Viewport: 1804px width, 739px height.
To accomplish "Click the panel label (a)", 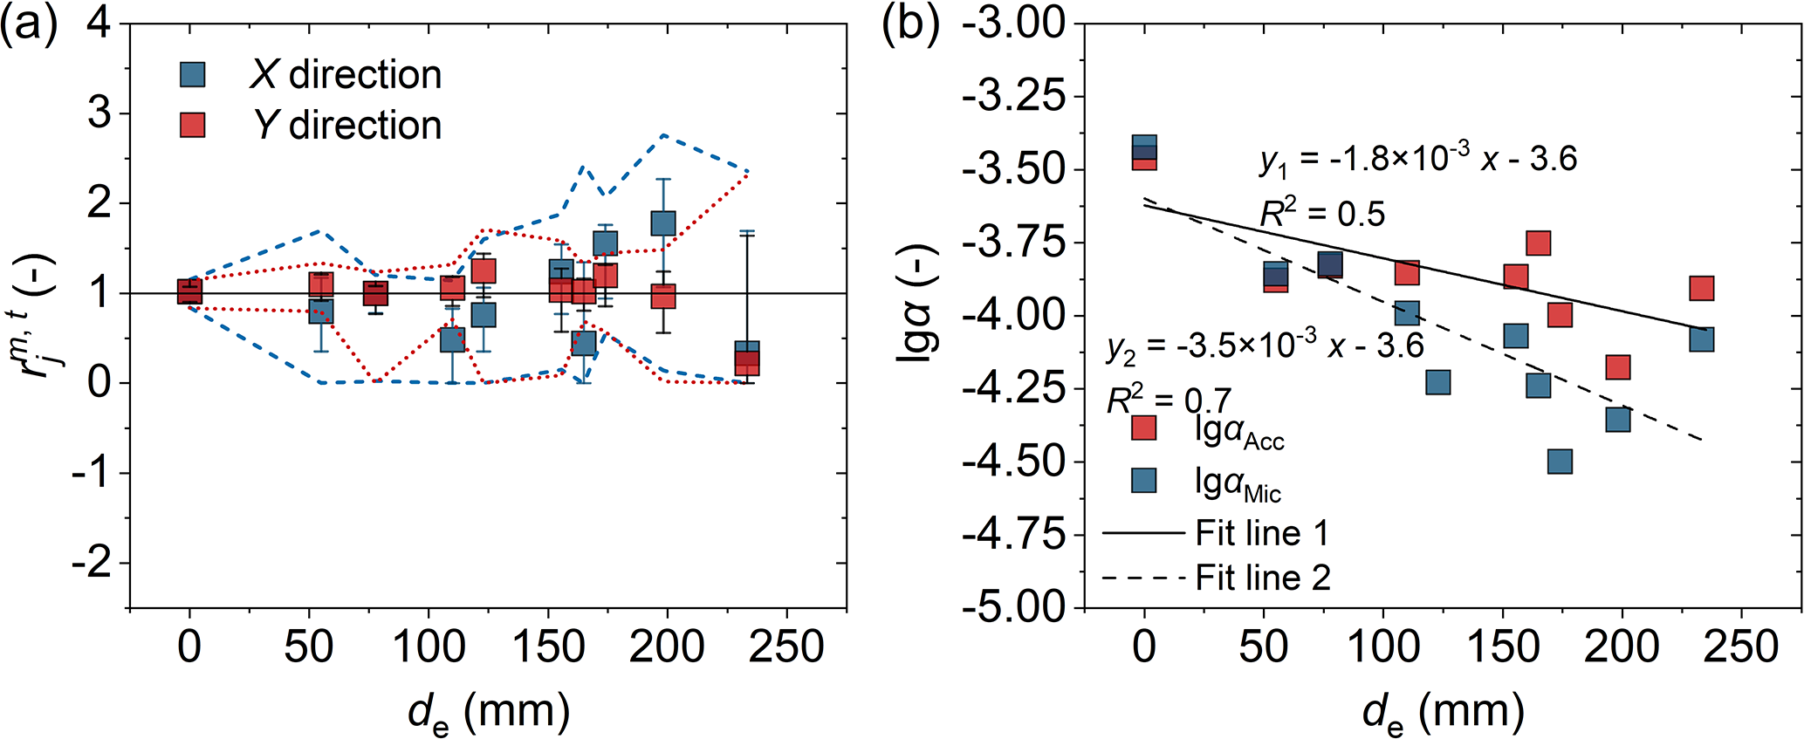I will point(29,26).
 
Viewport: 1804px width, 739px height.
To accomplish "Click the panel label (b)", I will point(910,26).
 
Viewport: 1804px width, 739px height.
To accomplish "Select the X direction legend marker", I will point(192,74).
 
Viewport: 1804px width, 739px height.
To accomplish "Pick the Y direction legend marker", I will point(192,125).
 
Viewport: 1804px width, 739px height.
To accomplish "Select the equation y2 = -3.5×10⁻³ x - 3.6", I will point(1266,346).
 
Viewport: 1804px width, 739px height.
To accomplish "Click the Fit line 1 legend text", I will point(1262,533).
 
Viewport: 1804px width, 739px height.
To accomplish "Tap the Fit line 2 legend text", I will point(1263,578).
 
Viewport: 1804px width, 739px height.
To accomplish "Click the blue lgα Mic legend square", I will point(1143,481).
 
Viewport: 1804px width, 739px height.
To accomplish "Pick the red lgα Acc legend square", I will point(1143,428).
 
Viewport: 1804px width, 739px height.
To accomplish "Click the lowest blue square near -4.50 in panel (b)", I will point(1560,461).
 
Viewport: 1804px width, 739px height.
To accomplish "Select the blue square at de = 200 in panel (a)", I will point(663,222).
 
